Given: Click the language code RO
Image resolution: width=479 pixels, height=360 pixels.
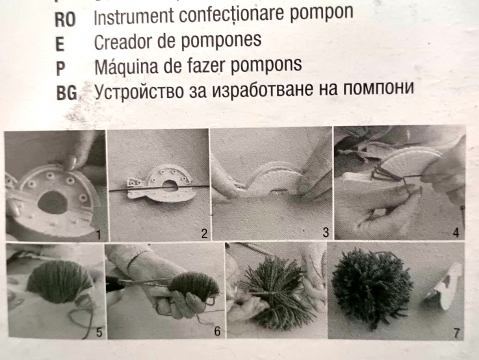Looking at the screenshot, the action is [x=65, y=20].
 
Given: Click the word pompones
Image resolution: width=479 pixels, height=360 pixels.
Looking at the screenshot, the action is [x=221, y=41].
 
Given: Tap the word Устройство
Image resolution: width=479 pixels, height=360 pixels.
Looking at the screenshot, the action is [x=138, y=92].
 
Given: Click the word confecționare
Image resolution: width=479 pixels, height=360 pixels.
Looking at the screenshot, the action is [x=232, y=14].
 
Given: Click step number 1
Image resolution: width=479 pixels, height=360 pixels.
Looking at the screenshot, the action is [x=98, y=235].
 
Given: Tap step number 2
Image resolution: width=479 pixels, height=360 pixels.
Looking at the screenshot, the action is [x=204, y=234].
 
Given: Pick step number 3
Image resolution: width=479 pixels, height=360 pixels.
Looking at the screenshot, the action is [x=326, y=233].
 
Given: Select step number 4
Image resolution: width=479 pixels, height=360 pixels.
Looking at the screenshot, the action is [x=456, y=233].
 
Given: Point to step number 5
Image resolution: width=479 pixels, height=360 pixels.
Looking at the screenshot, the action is [x=99, y=332].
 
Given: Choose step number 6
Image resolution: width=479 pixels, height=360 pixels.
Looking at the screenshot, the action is [x=217, y=331].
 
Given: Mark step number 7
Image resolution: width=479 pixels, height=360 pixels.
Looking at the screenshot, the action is [x=456, y=333].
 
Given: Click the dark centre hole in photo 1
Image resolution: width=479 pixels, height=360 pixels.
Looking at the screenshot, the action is [x=53, y=203].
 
